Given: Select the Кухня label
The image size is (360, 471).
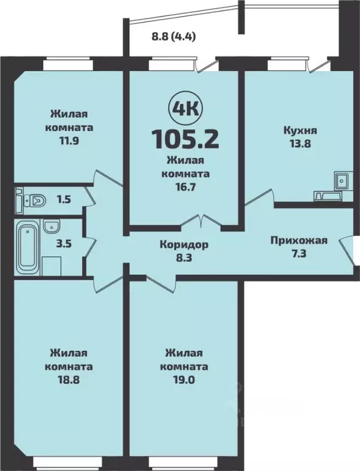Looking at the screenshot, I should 300,130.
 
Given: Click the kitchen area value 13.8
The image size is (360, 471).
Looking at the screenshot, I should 300,144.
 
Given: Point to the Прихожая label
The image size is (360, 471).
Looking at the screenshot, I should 299,240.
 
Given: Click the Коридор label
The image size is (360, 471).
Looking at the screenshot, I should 183,245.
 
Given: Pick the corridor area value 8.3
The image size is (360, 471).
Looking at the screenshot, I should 183,258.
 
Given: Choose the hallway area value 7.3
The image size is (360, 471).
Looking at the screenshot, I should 299,253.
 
